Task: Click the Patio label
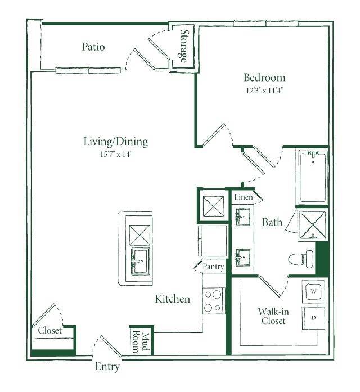[x=93, y=47]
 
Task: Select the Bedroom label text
[x=264, y=78]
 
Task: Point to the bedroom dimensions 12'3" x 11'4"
[x=263, y=90]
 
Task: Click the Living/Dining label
[x=115, y=142]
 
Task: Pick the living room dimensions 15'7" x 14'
[x=115, y=153]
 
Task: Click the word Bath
[x=272, y=223]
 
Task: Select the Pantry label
[x=214, y=267]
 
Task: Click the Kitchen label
[x=172, y=299]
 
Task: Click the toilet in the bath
[x=301, y=259]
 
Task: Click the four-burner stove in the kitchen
[x=214, y=300]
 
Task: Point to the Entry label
[x=107, y=367]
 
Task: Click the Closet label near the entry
[x=50, y=331]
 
